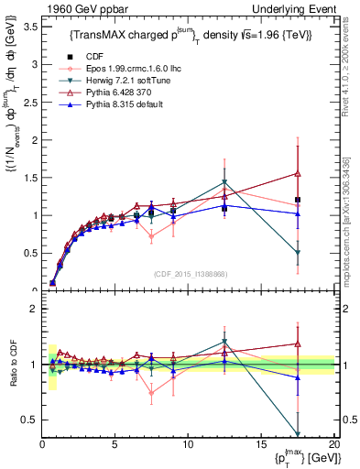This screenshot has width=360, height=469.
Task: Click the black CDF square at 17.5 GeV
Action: click(297, 200)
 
